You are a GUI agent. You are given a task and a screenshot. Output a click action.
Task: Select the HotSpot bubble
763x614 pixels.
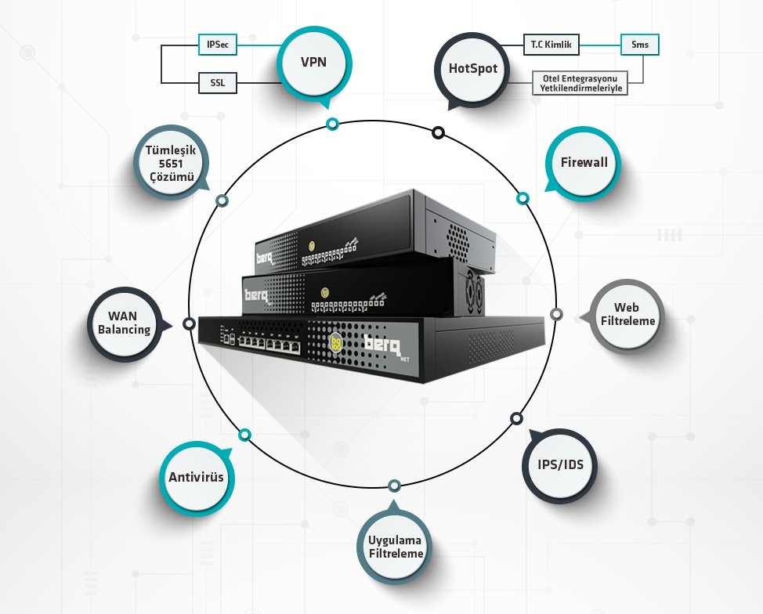tap(473, 68)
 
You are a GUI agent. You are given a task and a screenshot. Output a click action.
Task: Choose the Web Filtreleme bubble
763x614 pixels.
tap(627, 315)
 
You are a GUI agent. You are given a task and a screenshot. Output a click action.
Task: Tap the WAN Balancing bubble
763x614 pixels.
tap(124, 323)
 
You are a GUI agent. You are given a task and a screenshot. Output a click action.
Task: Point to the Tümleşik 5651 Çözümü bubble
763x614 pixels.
tap(169, 162)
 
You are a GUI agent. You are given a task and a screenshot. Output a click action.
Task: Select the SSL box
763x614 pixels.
tap(217, 81)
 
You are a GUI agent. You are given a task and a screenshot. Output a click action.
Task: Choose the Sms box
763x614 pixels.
tap(639, 45)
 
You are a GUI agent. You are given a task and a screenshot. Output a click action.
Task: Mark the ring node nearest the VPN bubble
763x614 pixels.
tap(333, 124)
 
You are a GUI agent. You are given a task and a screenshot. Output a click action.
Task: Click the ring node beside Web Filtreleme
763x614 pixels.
tap(556, 314)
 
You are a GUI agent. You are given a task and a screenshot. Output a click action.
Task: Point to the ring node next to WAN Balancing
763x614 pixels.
tap(189, 323)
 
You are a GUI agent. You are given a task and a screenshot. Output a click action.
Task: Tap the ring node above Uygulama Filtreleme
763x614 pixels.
tap(394, 486)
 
